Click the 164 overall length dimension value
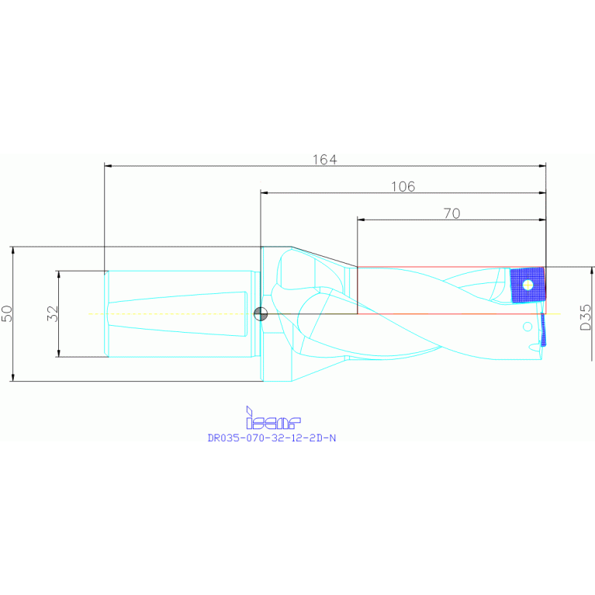(x=324, y=159)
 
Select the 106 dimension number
(x=403, y=186)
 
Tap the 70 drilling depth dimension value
(x=451, y=213)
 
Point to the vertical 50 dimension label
(x=7, y=313)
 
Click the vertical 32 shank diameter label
(x=53, y=313)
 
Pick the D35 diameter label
(x=586, y=317)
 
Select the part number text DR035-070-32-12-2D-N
(x=272, y=438)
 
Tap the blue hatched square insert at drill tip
(x=528, y=285)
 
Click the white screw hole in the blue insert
(x=528, y=285)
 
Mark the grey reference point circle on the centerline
(x=261, y=313)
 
